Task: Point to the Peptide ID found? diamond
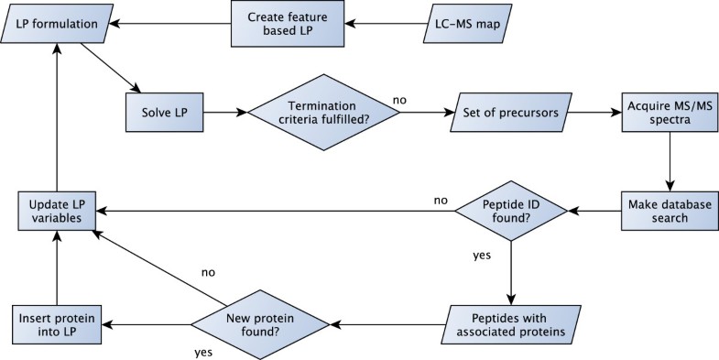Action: pyautogui.click(x=511, y=212)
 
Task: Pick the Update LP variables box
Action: pyautogui.click(x=58, y=212)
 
